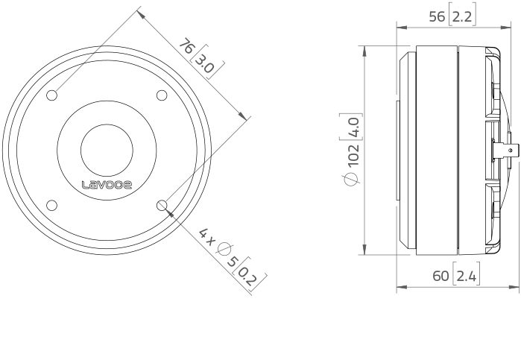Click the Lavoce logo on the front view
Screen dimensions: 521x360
107,185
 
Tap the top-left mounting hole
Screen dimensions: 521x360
52,95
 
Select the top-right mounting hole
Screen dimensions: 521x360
162,95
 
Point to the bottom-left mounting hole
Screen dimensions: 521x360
52,205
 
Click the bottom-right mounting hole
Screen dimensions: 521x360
162,205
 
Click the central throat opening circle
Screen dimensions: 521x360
107,151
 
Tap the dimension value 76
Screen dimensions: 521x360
186,46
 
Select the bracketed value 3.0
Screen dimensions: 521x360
203,63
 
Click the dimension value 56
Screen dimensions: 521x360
437,16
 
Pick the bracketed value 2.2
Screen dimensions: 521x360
462,16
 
